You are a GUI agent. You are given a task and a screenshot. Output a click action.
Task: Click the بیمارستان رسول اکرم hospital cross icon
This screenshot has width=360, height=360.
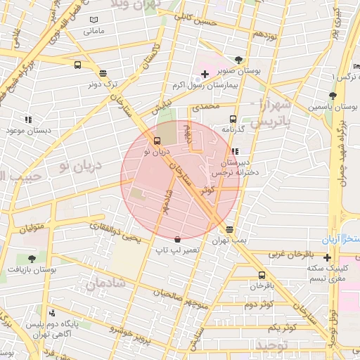pyautogui.click(x=205, y=74)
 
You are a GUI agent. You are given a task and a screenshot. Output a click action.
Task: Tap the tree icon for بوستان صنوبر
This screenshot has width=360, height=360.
pyautogui.click(x=240, y=60)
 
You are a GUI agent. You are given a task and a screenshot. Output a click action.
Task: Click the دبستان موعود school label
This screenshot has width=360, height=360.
pyautogui.click(x=27, y=131)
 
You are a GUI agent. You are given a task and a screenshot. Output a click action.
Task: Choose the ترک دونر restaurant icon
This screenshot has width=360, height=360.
pyautogui.click(x=103, y=73)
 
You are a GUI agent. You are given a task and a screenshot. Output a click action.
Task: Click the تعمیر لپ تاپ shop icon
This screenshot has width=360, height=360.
pyautogui.click(x=176, y=239)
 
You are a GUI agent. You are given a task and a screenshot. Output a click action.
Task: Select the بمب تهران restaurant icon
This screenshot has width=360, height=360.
pyautogui.click(x=230, y=230)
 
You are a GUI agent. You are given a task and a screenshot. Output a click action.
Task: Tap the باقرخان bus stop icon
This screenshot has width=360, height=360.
pyautogui.click(x=262, y=275)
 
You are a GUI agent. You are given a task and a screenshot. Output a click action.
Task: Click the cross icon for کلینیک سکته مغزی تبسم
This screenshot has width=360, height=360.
pyautogui.click(x=328, y=257)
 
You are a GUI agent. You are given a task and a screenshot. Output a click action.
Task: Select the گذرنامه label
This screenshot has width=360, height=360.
pyautogui.click(x=233, y=129)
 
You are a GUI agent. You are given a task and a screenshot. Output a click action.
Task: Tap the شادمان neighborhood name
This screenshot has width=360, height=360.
pyautogui.click(x=105, y=283)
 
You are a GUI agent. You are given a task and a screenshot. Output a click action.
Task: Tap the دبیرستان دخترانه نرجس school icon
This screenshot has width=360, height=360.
pyautogui.click(x=234, y=151)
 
